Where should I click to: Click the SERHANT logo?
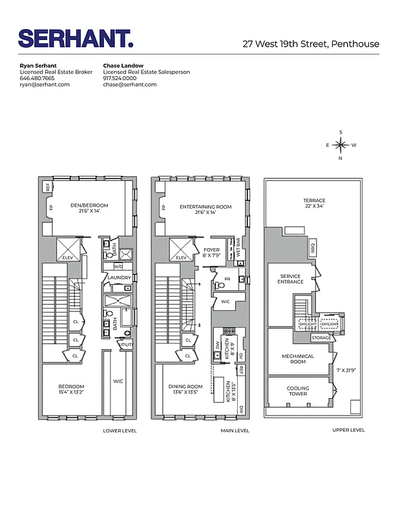(x=76, y=39)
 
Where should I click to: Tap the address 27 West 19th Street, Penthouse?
(x=311, y=44)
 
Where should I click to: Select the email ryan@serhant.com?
(x=45, y=85)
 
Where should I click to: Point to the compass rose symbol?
(x=341, y=145)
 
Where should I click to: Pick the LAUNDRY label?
(x=119, y=278)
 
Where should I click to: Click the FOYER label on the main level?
(x=211, y=252)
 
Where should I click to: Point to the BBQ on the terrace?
(x=312, y=246)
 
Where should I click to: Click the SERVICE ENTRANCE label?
(x=290, y=279)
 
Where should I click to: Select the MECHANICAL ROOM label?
(x=298, y=359)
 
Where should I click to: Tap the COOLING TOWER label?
(x=298, y=391)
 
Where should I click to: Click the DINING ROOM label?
(x=185, y=390)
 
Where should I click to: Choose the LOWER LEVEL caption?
(x=120, y=430)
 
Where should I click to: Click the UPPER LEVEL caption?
(x=348, y=430)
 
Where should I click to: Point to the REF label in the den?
(x=47, y=188)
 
